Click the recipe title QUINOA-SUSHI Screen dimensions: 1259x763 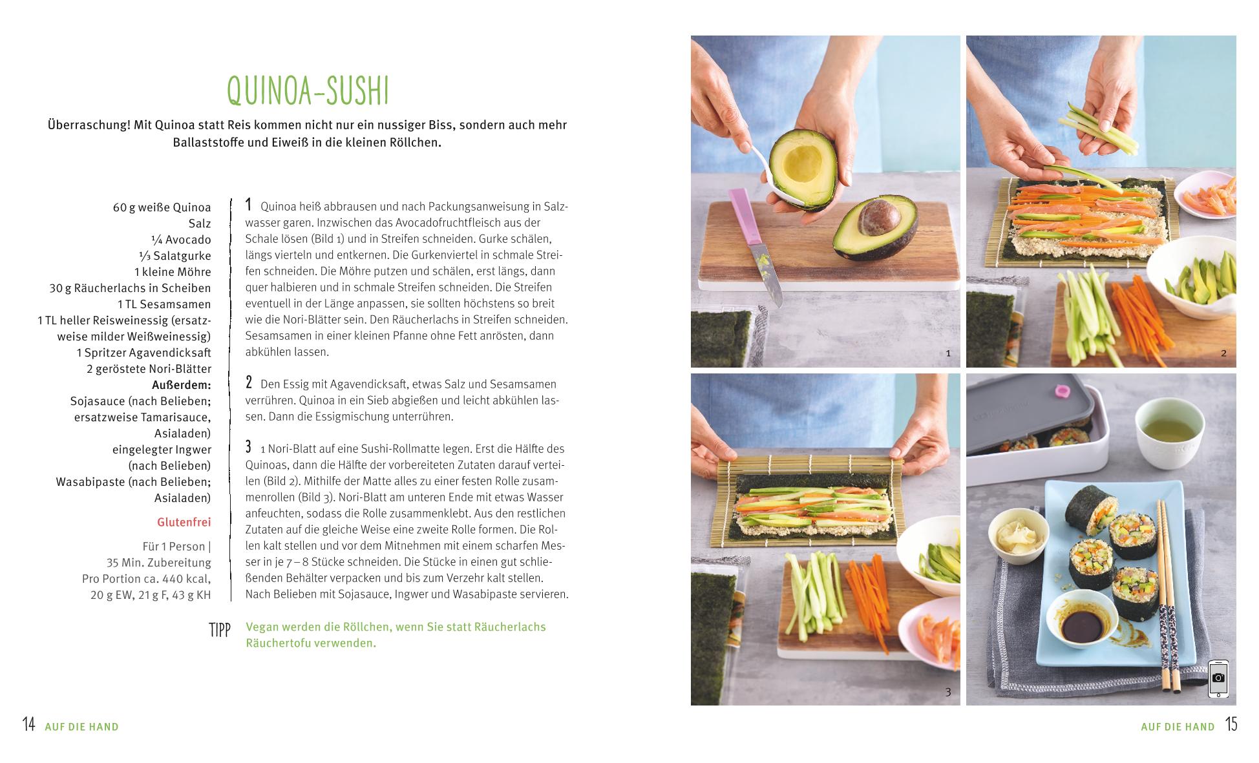click(x=308, y=91)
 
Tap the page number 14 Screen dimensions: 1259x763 click(x=28, y=724)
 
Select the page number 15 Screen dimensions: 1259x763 click(x=1231, y=724)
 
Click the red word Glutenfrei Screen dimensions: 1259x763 click(x=184, y=522)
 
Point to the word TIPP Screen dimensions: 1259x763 click(x=220, y=630)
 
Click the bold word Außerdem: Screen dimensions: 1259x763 click(x=182, y=385)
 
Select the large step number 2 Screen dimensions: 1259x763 click(x=249, y=382)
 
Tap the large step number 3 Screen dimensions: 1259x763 click(x=249, y=446)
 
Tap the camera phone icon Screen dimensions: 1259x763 click(x=1218, y=678)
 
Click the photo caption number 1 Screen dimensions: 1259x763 click(x=948, y=353)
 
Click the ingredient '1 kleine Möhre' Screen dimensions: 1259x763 click(x=173, y=272)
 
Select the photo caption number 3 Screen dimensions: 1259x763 click(x=948, y=692)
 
